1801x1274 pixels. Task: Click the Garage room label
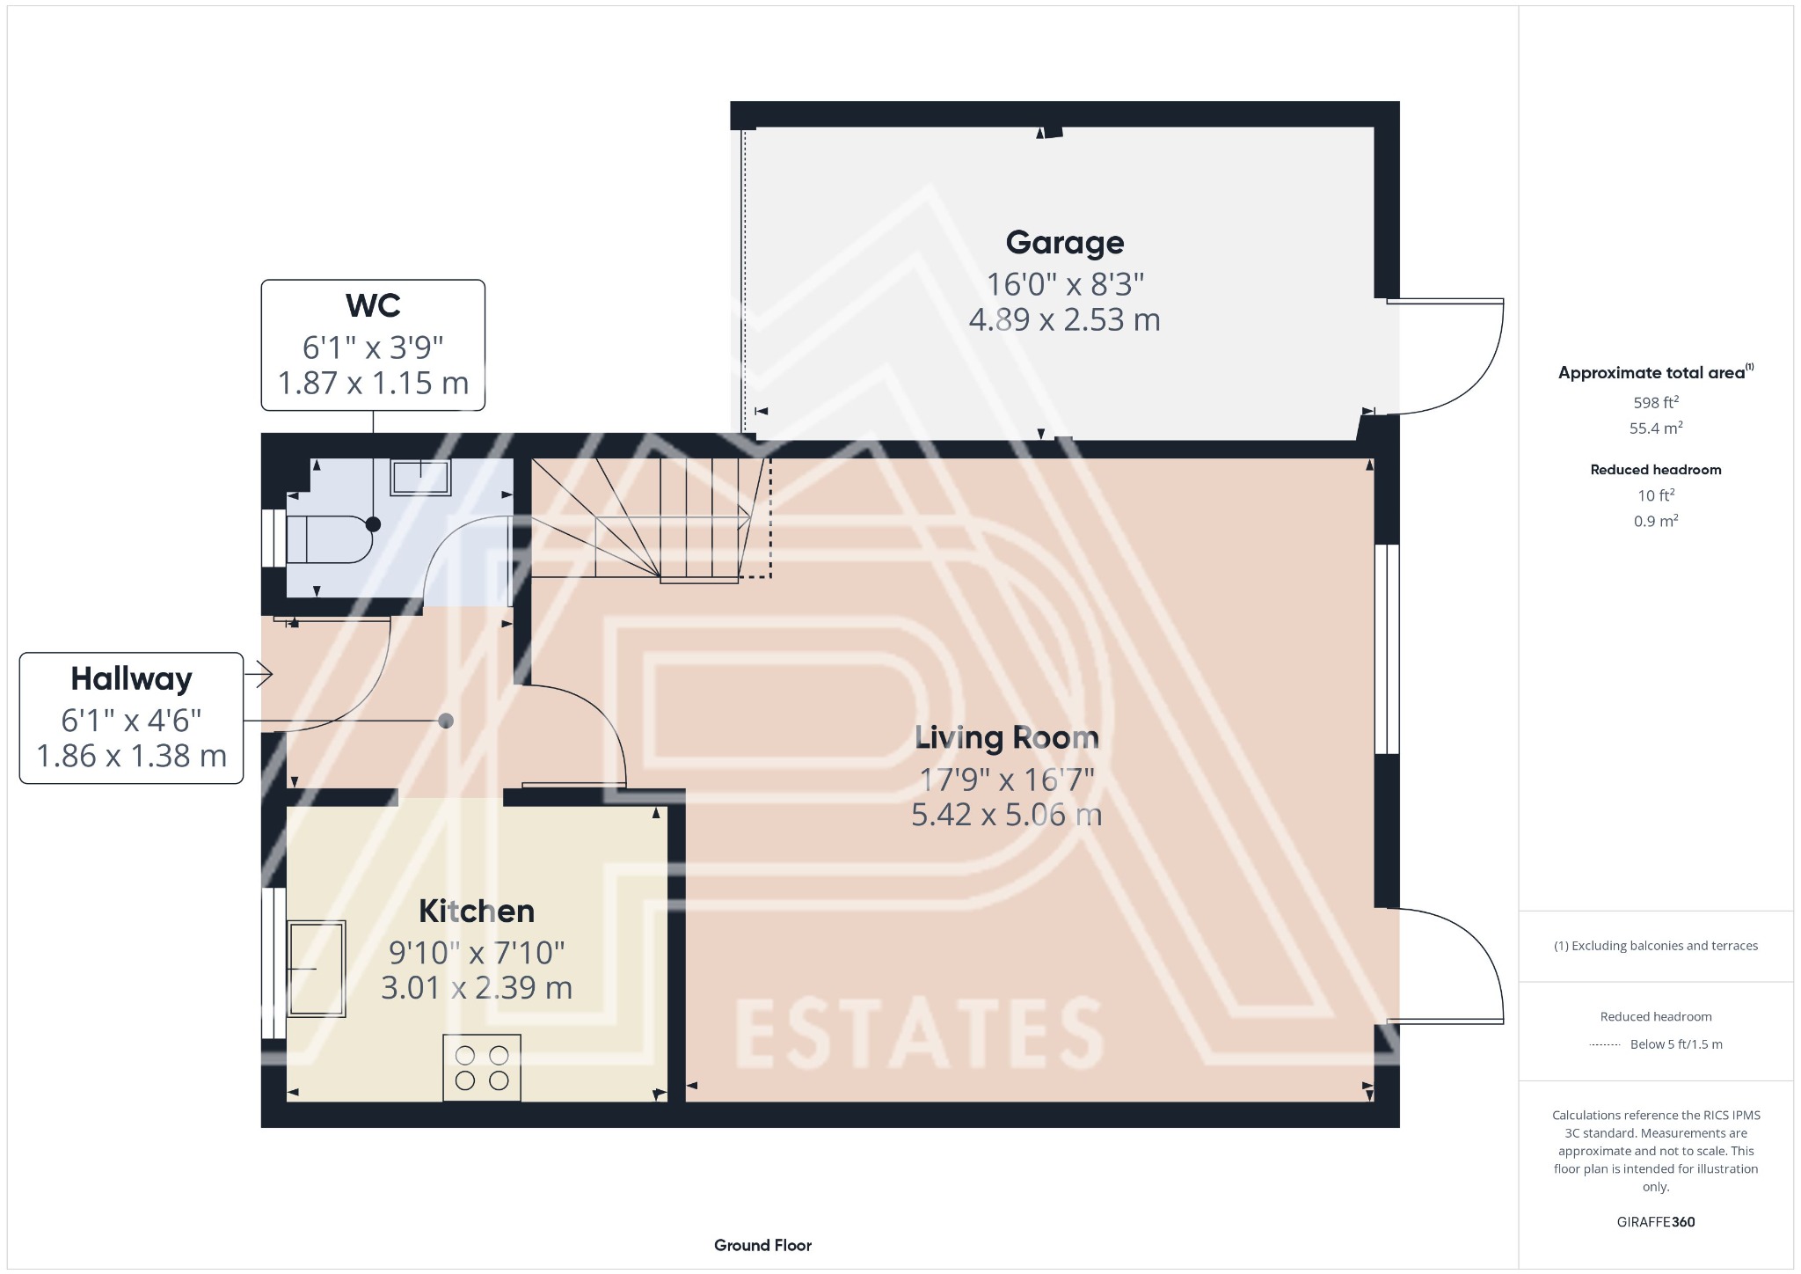point(1064,243)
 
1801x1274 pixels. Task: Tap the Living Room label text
point(1006,737)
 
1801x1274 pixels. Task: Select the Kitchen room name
point(477,912)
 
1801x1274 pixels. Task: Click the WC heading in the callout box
point(373,306)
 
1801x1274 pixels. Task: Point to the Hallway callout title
point(131,679)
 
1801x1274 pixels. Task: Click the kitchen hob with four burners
point(482,1067)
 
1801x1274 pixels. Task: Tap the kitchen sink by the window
point(317,968)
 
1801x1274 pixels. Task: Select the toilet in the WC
point(325,538)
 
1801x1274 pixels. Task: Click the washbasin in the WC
point(420,477)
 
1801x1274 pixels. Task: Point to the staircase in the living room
point(651,519)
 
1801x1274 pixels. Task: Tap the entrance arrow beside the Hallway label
point(259,675)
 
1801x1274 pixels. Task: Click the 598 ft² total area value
point(1656,403)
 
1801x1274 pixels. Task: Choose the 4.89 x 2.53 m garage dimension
point(1064,319)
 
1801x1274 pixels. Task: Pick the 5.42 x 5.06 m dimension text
point(1006,815)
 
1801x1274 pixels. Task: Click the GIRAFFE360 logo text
point(1655,1221)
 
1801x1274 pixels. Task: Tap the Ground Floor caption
point(762,1245)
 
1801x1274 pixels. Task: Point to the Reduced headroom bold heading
point(1656,470)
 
